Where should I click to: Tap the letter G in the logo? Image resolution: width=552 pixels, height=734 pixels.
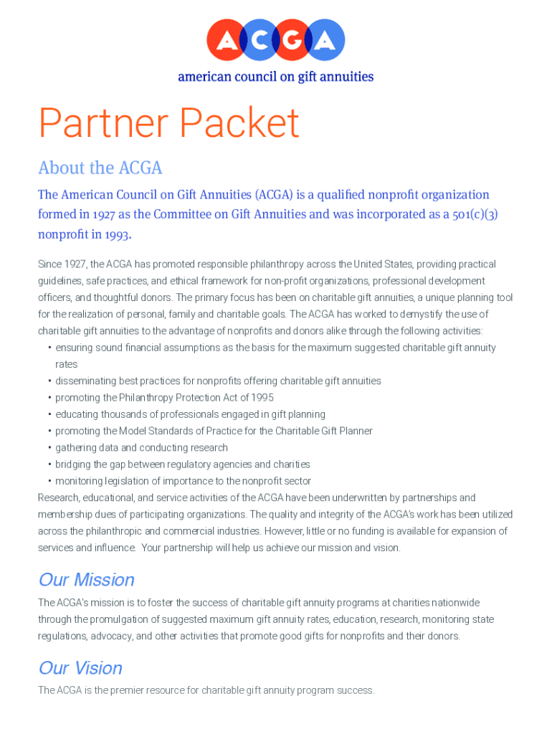(x=292, y=40)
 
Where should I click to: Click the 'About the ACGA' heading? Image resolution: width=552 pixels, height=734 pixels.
(x=100, y=168)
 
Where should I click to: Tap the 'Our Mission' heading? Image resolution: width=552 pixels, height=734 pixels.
(x=86, y=579)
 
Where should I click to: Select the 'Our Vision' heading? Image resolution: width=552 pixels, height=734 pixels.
(x=80, y=668)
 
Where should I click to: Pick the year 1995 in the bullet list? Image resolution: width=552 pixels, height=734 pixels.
(x=261, y=398)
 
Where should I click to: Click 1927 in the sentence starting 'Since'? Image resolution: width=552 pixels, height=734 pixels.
(x=75, y=264)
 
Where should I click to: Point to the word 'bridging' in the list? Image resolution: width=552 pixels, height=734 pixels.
(x=73, y=464)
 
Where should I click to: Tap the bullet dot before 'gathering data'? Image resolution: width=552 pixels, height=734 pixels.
(x=49, y=448)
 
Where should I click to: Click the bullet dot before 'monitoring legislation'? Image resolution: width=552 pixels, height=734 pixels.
(x=49, y=481)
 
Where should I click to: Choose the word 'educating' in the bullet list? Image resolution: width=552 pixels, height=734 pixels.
(x=77, y=414)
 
